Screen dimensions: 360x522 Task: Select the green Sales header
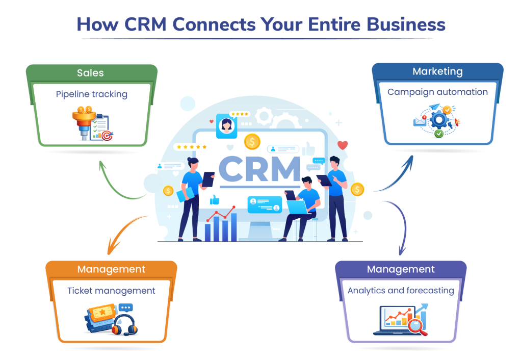pyautogui.click(x=90, y=73)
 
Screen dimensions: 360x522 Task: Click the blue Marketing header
pyautogui.click(x=437, y=71)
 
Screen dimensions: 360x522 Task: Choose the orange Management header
pyautogui.click(x=111, y=269)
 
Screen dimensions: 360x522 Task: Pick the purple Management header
pyautogui.click(x=401, y=269)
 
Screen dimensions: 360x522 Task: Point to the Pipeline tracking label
pyautogui.click(x=92, y=94)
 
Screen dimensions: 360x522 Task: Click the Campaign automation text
pyautogui.click(x=437, y=92)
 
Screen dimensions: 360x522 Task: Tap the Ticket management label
pyautogui.click(x=111, y=291)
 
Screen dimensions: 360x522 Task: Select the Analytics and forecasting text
pyautogui.click(x=401, y=291)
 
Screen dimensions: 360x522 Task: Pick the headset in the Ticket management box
pyautogui.click(x=124, y=324)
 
